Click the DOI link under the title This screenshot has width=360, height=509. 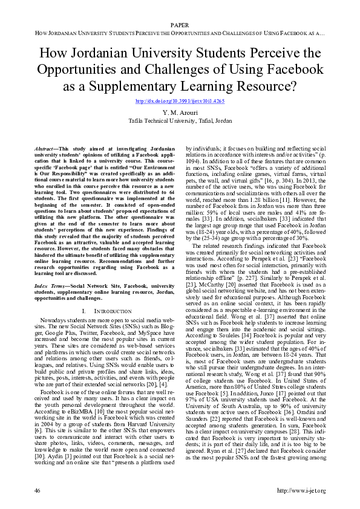[x=180, y=101]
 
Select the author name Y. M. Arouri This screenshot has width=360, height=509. [x=180, y=113]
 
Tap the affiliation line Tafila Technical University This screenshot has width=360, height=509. [x=180, y=121]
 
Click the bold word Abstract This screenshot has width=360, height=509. [x=41, y=148]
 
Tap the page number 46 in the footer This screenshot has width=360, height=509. [x=38, y=490]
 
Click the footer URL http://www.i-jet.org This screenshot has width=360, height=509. [x=300, y=490]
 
